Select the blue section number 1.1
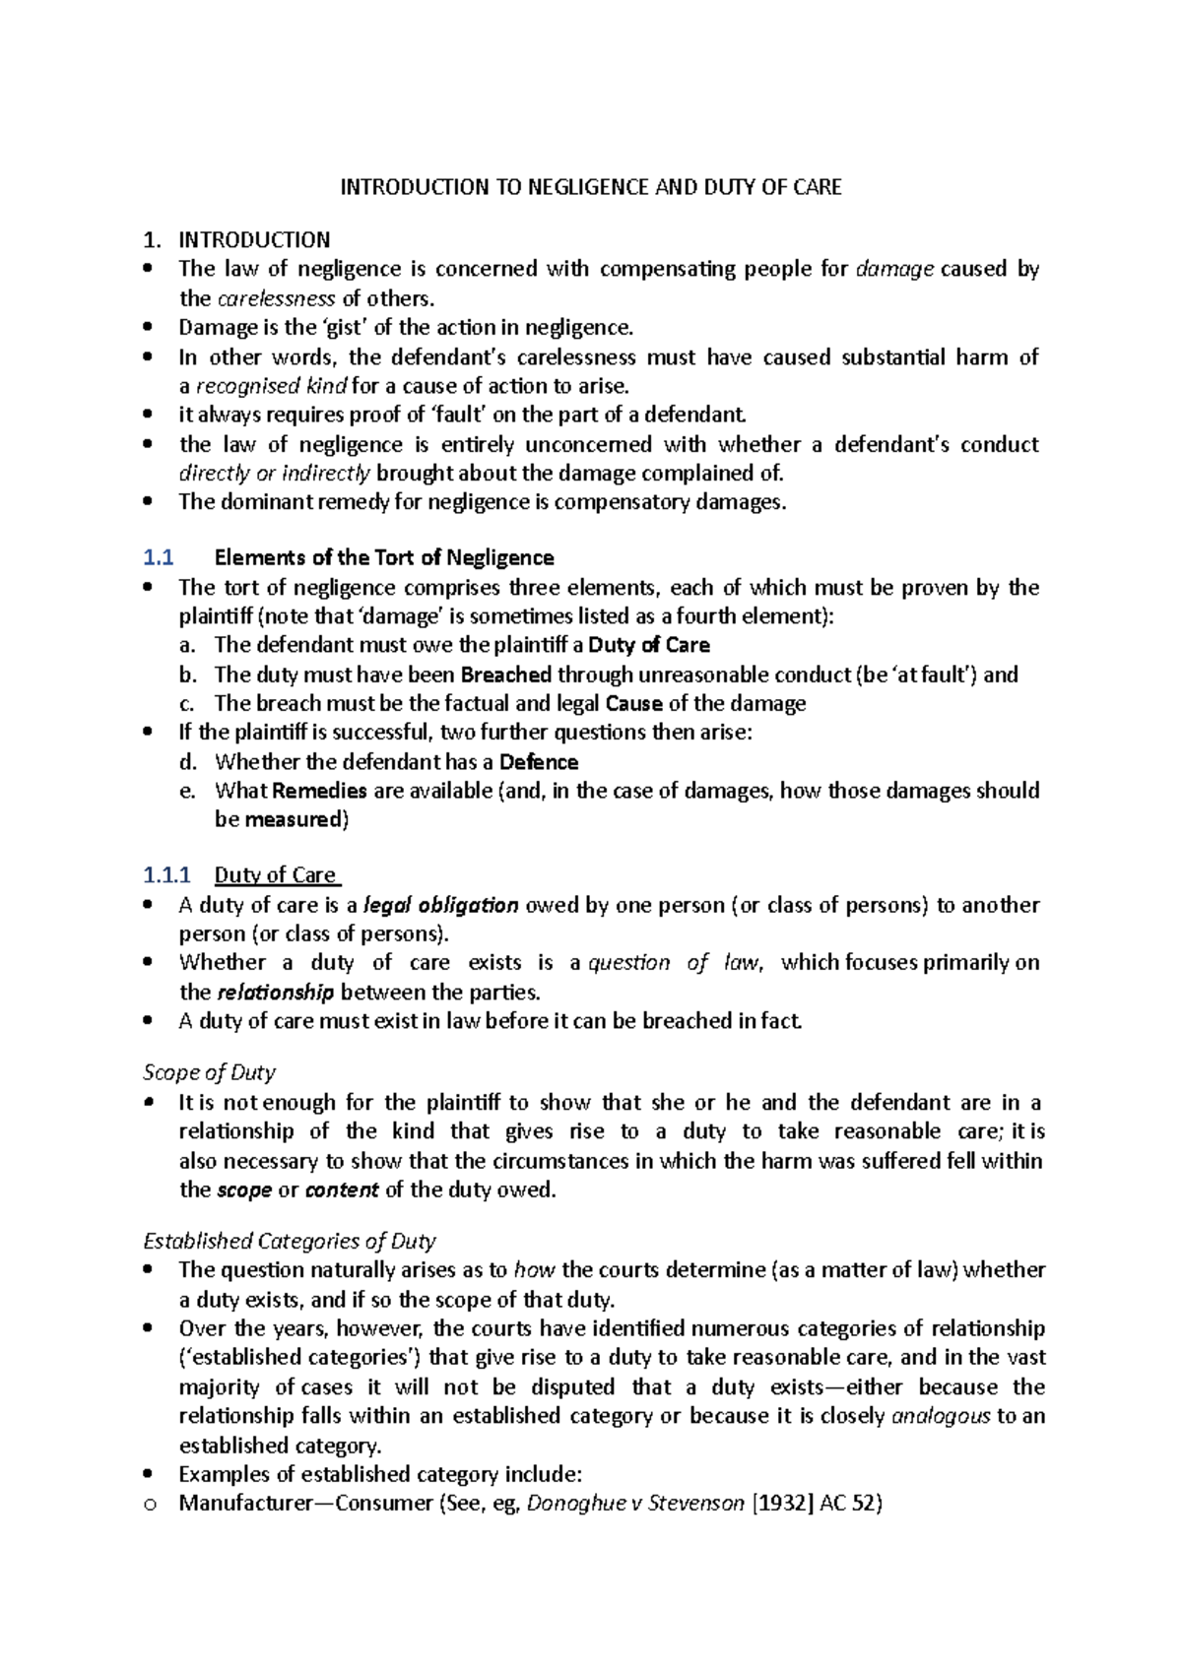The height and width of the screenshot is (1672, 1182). pyautogui.click(x=158, y=557)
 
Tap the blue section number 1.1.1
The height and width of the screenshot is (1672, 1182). pyautogui.click(x=165, y=874)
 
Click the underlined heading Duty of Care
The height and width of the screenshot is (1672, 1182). pyautogui.click(x=277, y=874)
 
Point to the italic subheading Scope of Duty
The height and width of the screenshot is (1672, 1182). pyautogui.click(x=209, y=1072)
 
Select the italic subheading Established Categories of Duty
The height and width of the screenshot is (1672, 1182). pyautogui.click(x=290, y=1241)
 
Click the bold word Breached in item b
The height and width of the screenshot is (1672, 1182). pyautogui.click(x=505, y=675)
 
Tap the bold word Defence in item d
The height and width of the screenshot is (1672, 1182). pyautogui.click(x=539, y=762)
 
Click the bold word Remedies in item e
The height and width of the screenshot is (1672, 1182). pyautogui.click(x=319, y=791)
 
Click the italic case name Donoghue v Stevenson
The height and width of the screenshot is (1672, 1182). pyautogui.click(x=635, y=1504)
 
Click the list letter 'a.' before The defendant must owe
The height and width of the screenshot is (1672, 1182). pyautogui.click(x=188, y=645)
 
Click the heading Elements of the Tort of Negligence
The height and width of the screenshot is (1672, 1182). pyautogui.click(x=384, y=557)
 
